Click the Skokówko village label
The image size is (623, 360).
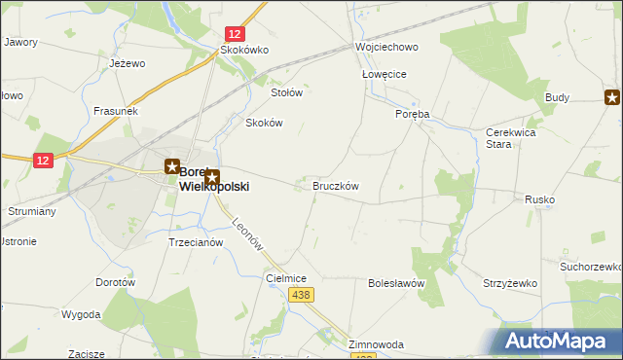[244, 50]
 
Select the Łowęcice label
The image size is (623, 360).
[384, 74]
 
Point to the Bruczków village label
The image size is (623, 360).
[336, 186]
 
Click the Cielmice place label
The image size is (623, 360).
[286, 278]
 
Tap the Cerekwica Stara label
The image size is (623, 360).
[511, 138]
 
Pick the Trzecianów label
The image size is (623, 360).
[197, 242]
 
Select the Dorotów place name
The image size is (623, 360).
[114, 282]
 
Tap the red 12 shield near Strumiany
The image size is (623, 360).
[42, 161]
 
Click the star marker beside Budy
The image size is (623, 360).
[612, 96]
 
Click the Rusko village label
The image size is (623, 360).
[539, 199]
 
